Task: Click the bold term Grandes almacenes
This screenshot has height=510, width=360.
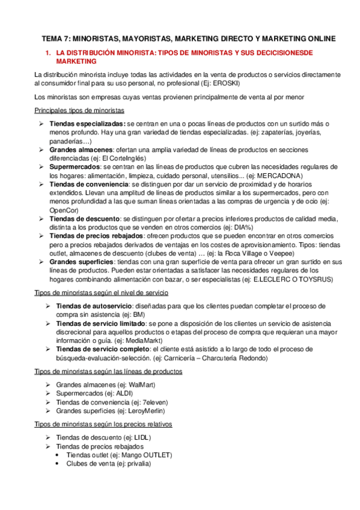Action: (x=81, y=149)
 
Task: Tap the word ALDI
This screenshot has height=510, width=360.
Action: (x=124, y=393)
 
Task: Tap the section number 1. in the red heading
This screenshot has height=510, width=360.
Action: (x=48, y=53)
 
